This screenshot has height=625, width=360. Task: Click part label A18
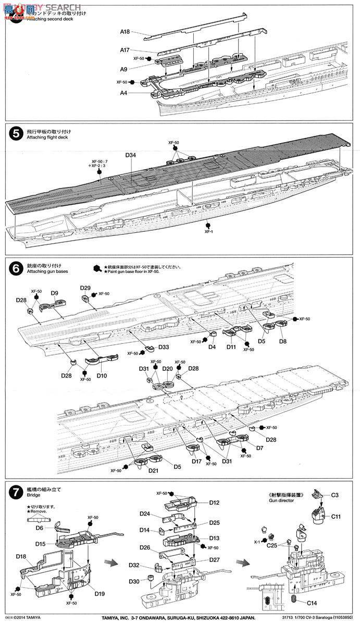click(x=125, y=32)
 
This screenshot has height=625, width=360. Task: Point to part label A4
click(x=125, y=93)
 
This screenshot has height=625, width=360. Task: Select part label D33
click(x=163, y=346)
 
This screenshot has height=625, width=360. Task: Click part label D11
click(x=231, y=346)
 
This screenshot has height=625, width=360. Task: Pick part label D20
click(x=167, y=368)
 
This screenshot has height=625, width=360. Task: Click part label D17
click(x=196, y=460)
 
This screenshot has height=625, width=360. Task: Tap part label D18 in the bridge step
click(x=21, y=556)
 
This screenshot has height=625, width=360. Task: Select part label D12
click(x=215, y=503)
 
